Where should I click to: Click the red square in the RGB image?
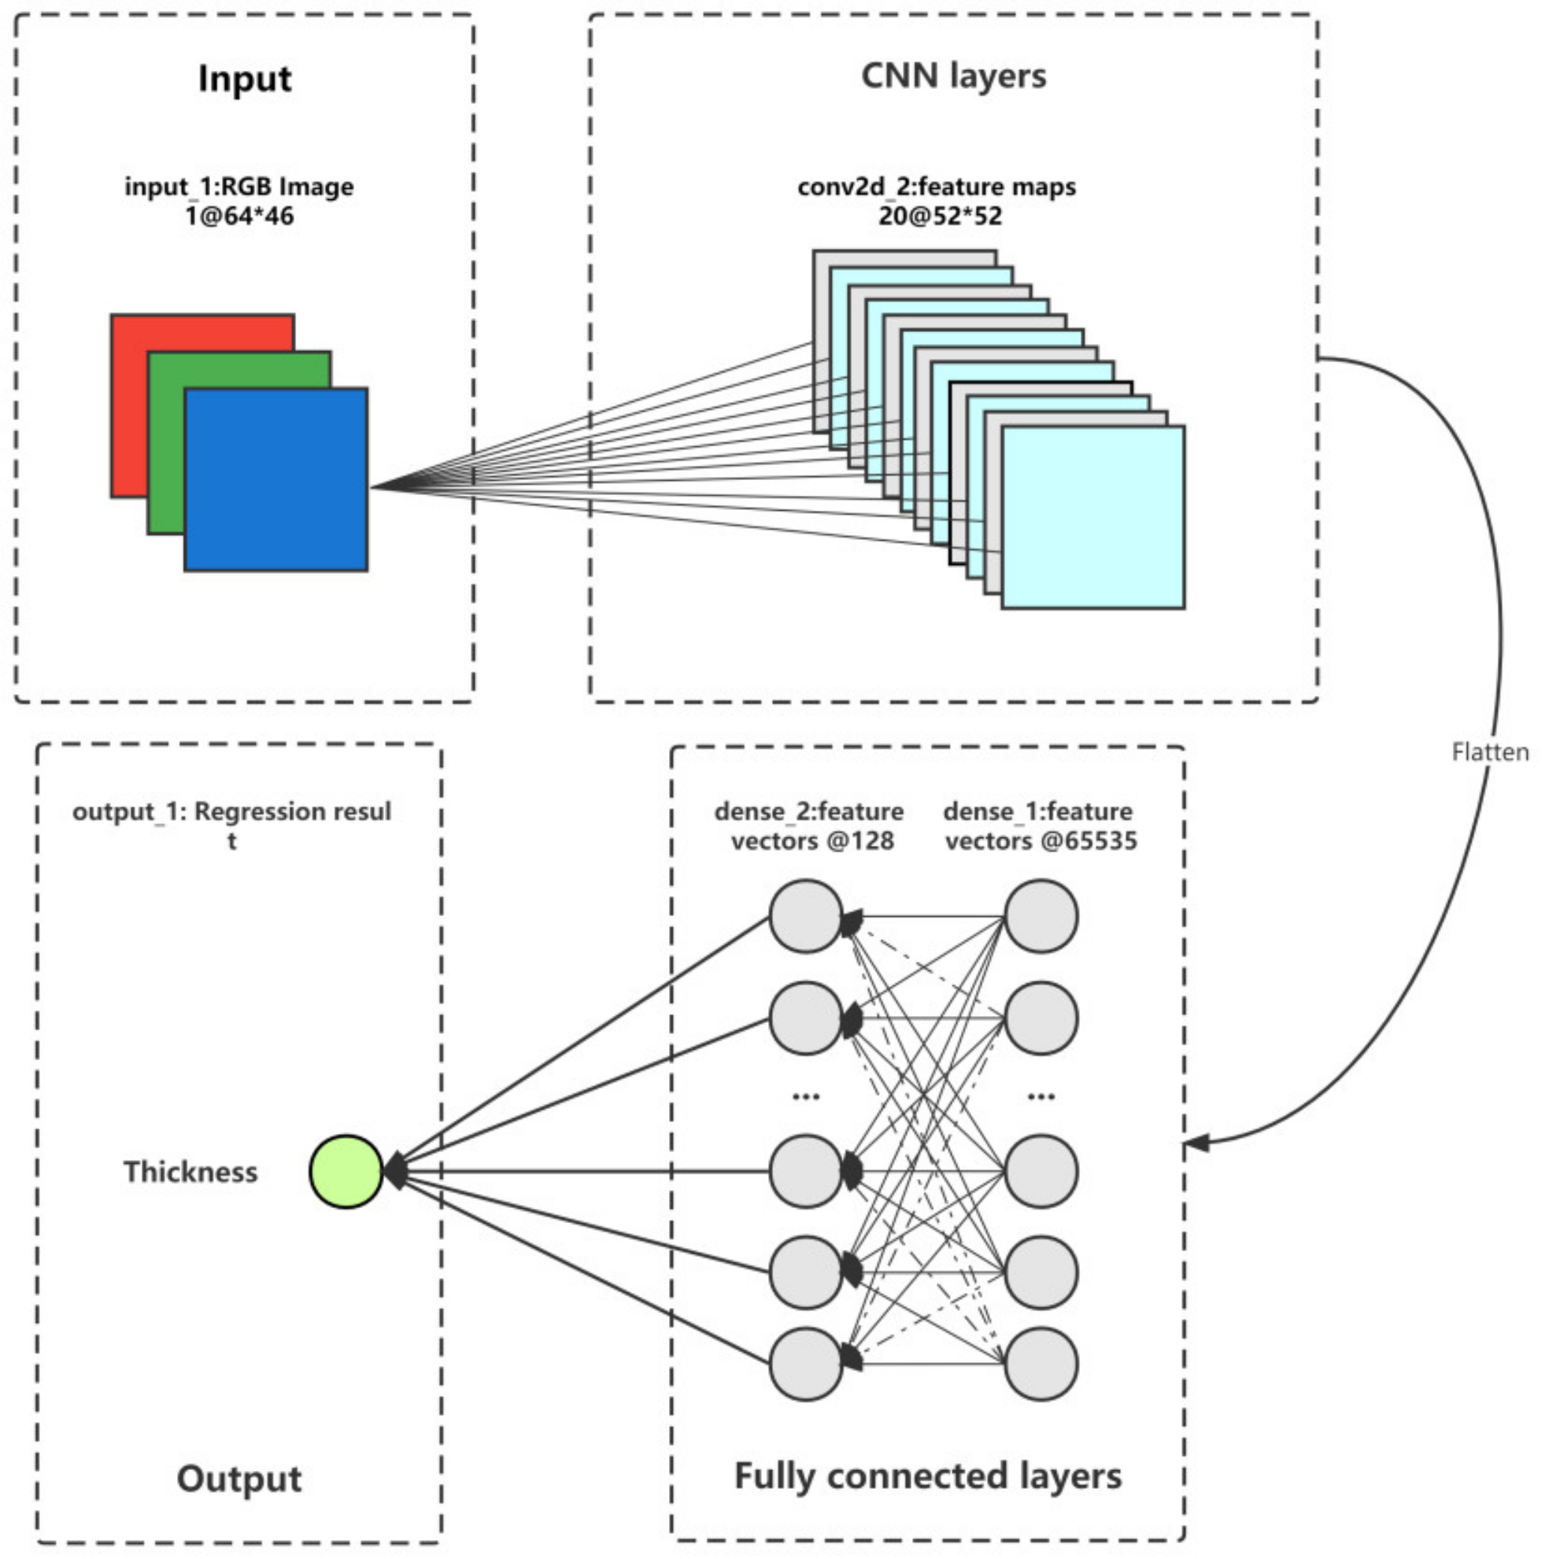[x=201, y=405]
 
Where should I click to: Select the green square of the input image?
[x=239, y=442]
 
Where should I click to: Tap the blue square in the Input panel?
[x=276, y=479]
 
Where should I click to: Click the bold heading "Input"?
[x=245, y=79]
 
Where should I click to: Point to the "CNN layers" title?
[x=953, y=76]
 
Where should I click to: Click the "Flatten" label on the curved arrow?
[x=1490, y=752]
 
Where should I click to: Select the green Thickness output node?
[x=346, y=1172]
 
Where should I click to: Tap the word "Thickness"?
[x=190, y=1172]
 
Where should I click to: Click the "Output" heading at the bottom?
[x=239, y=1478]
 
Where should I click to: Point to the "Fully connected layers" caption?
[x=928, y=1476]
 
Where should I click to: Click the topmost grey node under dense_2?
[x=807, y=917]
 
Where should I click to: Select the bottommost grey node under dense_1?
[x=1041, y=1364]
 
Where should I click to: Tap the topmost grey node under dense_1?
[x=1041, y=917]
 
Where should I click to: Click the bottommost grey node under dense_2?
[x=807, y=1364]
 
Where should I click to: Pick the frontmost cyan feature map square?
[x=1093, y=517]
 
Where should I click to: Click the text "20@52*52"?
[x=941, y=216]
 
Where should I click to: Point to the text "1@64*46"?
[x=239, y=216]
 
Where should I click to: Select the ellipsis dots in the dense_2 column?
[x=807, y=1096]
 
